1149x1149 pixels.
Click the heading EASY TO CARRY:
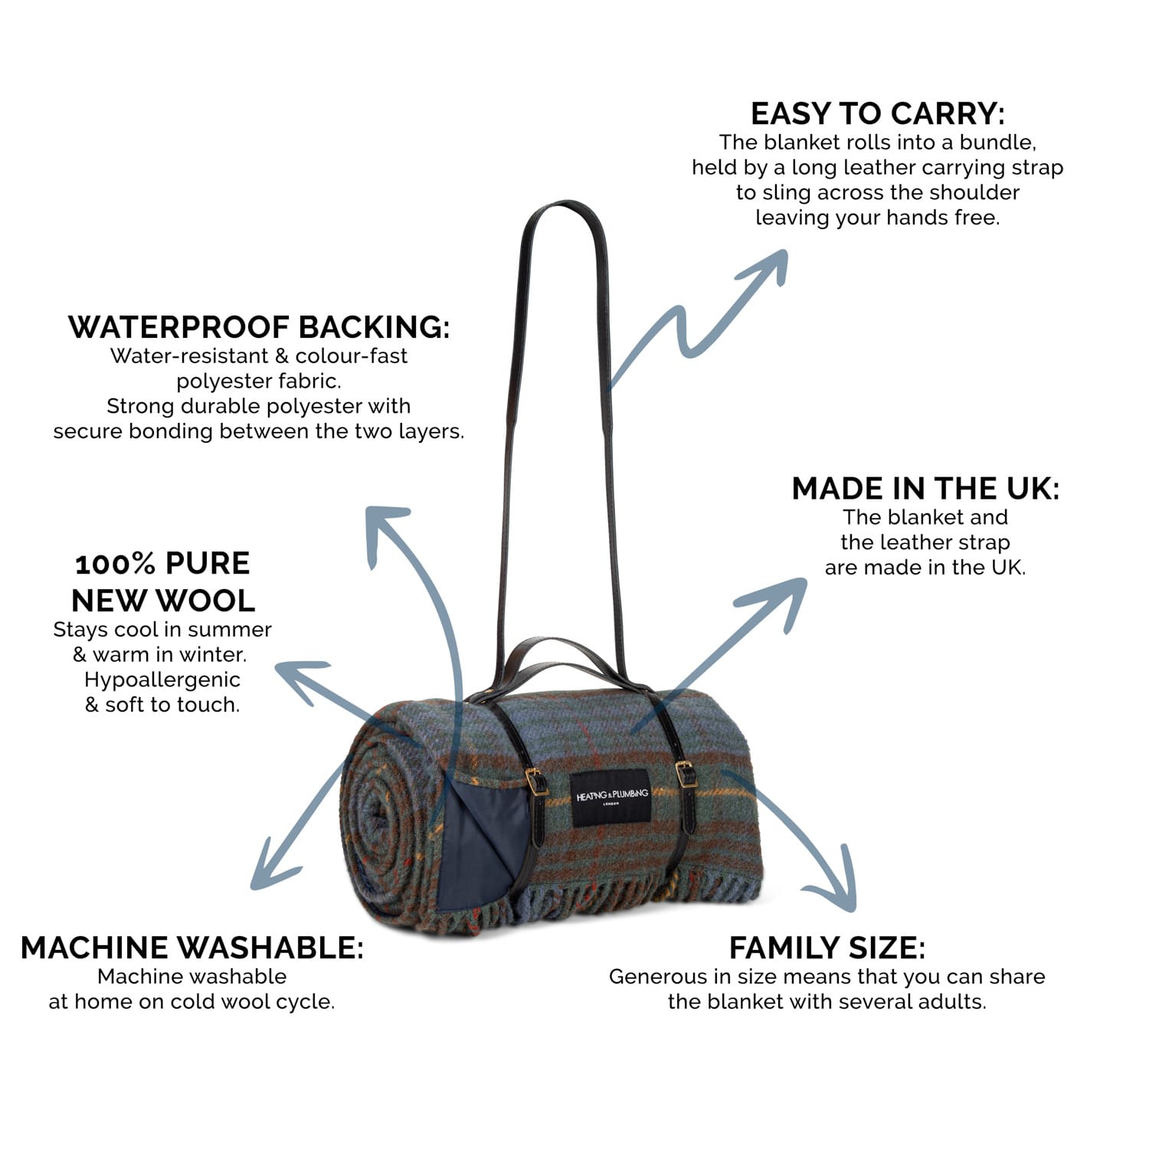click(x=877, y=114)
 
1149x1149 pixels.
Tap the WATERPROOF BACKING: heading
click(x=259, y=327)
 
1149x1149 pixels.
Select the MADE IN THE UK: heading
click(x=925, y=489)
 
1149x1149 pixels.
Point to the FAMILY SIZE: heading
click(x=827, y=948)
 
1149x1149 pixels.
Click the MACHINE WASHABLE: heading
click(x=191, y=948)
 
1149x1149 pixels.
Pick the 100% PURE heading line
click(x=162, y=564)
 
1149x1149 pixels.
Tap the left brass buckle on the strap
click(x=535, y=781)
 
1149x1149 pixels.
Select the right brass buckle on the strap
click(x=686, y=774)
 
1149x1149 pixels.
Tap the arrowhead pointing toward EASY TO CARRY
click(x=770, y=264)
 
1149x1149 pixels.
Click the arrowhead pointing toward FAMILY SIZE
click(x=839, y=889)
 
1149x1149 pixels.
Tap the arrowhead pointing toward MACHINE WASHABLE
click(x=268, y=873)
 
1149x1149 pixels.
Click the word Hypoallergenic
click(x=162, y=680)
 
